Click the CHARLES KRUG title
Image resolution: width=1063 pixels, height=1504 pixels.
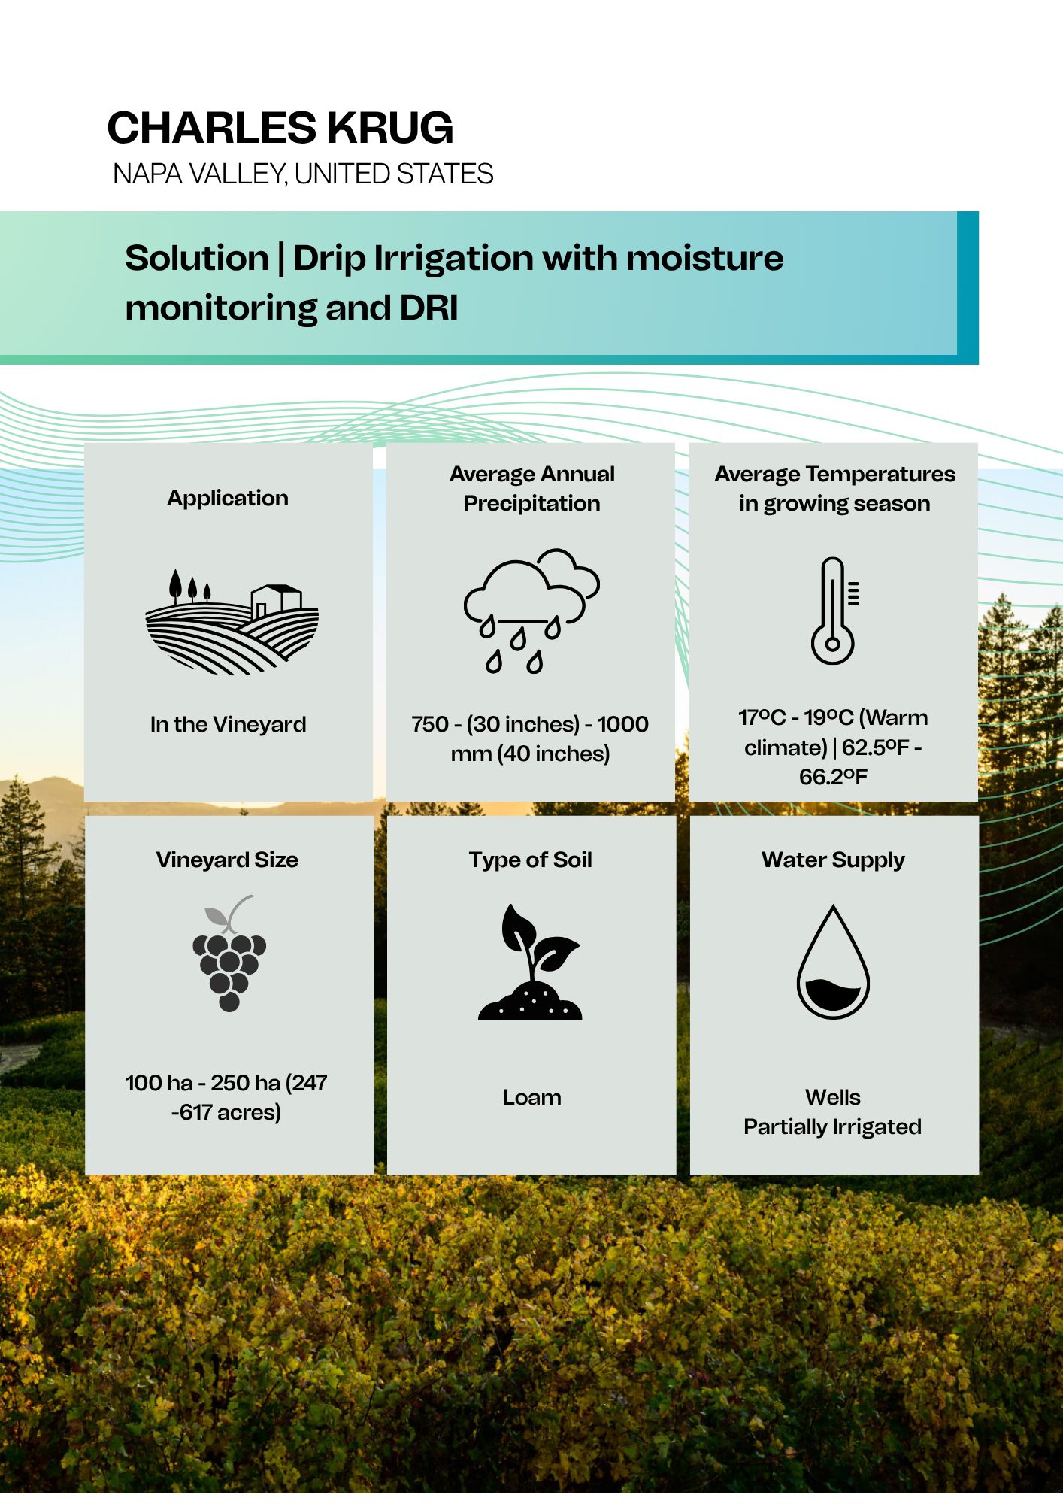[280, 128]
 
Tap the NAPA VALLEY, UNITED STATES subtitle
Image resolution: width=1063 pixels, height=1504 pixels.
[303, 174]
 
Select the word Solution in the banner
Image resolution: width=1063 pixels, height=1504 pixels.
[197, 258]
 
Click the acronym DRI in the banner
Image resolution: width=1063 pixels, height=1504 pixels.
[429, 308]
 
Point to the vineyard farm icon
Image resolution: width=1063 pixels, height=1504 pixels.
[232, 621]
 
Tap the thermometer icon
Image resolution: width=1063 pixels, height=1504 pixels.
[834, 611]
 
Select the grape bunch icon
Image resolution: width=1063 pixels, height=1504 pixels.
[229, 954]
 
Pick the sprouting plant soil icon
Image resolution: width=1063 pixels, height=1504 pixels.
[531, 962]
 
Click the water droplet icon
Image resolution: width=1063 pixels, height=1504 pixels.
[833, 962]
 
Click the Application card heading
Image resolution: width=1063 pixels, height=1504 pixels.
[228, 498]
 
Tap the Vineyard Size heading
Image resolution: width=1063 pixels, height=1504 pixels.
[227, 860]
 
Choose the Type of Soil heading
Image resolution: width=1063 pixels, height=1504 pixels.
[531, 860]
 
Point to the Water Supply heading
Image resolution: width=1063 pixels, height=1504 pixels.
[833, 860]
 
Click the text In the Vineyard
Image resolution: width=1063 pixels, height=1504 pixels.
[228, 724]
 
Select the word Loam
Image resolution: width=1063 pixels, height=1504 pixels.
[531, 1097]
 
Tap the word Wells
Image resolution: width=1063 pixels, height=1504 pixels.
[833, 1097]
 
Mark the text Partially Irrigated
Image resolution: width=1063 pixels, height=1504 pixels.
[832, 1126]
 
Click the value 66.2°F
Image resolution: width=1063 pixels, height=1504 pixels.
[833, 776]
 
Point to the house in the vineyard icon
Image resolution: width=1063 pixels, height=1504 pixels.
[276, 600]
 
